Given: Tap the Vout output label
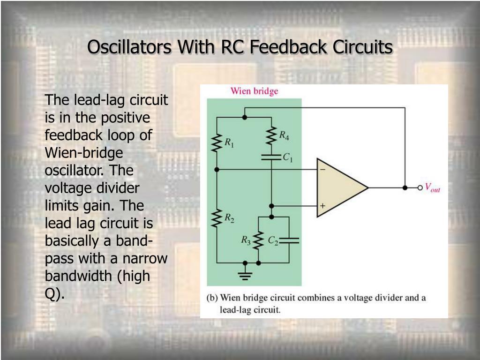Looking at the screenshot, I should point(432,188).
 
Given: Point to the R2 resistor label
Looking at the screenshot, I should point(229,217).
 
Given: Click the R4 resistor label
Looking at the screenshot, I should point(285,135).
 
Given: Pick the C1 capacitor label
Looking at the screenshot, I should point(288,158).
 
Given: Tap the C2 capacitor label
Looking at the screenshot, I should point(273,240).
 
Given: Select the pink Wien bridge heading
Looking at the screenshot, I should point(254,91).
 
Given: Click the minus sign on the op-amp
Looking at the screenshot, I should point(322,170).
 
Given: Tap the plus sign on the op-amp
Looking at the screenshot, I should point(322,206).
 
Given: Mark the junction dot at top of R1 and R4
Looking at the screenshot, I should point(244,117).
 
